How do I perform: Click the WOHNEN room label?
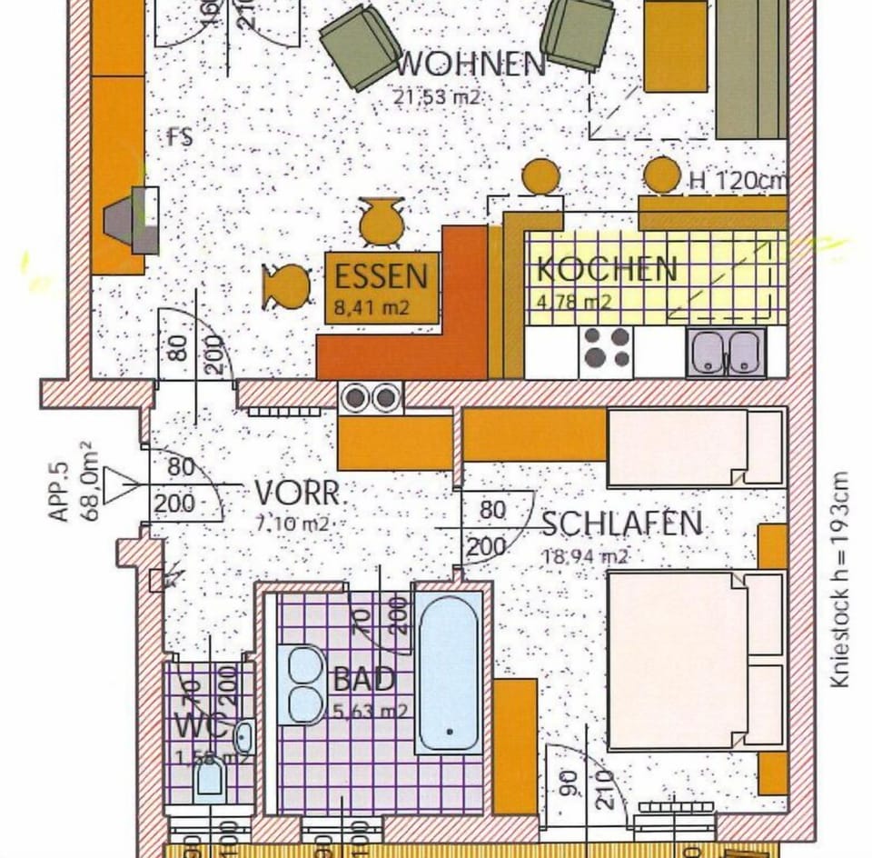[471, 65]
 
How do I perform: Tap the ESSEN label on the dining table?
[381, 274]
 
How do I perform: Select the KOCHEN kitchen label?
[607, 269]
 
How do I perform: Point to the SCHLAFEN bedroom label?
[622, 524]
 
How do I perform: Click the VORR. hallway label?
[297, 494]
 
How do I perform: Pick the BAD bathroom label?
[363, 679]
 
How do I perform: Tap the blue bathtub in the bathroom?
[449, 672]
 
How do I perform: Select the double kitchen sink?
[726, 353]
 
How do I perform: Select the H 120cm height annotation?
[738, 180]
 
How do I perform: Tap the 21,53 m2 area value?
[436, 97]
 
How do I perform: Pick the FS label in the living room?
[179, 138]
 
